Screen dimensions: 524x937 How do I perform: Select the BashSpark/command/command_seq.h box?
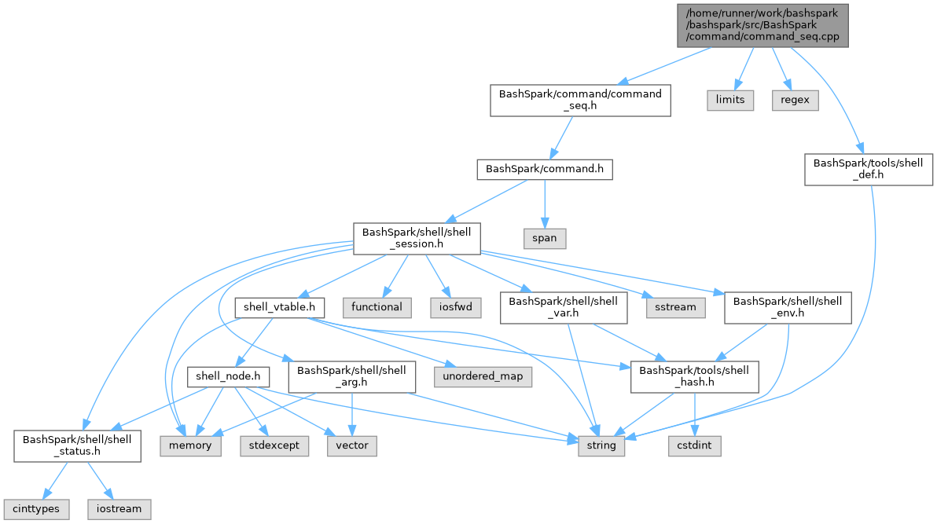[x=580, y=101]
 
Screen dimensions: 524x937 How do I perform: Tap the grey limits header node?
[x=729, y=101]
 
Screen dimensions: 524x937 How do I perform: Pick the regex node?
[x=794, y=101]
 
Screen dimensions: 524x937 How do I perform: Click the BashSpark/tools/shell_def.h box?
[x=868, y=170]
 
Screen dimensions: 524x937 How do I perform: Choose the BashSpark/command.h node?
[x=544, y=169]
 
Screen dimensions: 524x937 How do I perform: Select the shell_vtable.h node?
[x=280, y=307]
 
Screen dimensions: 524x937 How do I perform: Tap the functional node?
[x=377, y=307]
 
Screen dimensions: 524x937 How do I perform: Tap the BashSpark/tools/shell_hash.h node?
[x=695, y=377]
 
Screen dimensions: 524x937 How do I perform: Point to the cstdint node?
[x=694, y=445]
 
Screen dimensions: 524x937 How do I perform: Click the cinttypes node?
[x=35, y=508]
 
